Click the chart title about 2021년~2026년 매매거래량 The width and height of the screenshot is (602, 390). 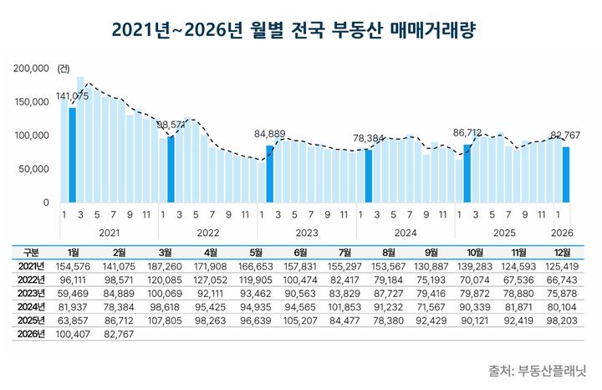pyautogui.click(x=300, y=30)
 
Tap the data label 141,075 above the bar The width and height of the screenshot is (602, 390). pyautogui.click(x=74, y=97)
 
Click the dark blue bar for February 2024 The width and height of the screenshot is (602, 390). pyautogui.click(x=369, y=176)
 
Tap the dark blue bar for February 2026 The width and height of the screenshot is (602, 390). pyautogui.click(x=566, y=174)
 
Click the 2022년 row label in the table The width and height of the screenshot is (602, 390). pyautogui.click(x=31, y=279)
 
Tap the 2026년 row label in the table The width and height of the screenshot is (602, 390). pyautogui.click(x=31, y=332)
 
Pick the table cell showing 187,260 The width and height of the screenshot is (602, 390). pyautogui.click(x=164, y=265)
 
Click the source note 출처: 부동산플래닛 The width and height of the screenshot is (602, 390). pyautogui.click(x=538, y=369)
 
